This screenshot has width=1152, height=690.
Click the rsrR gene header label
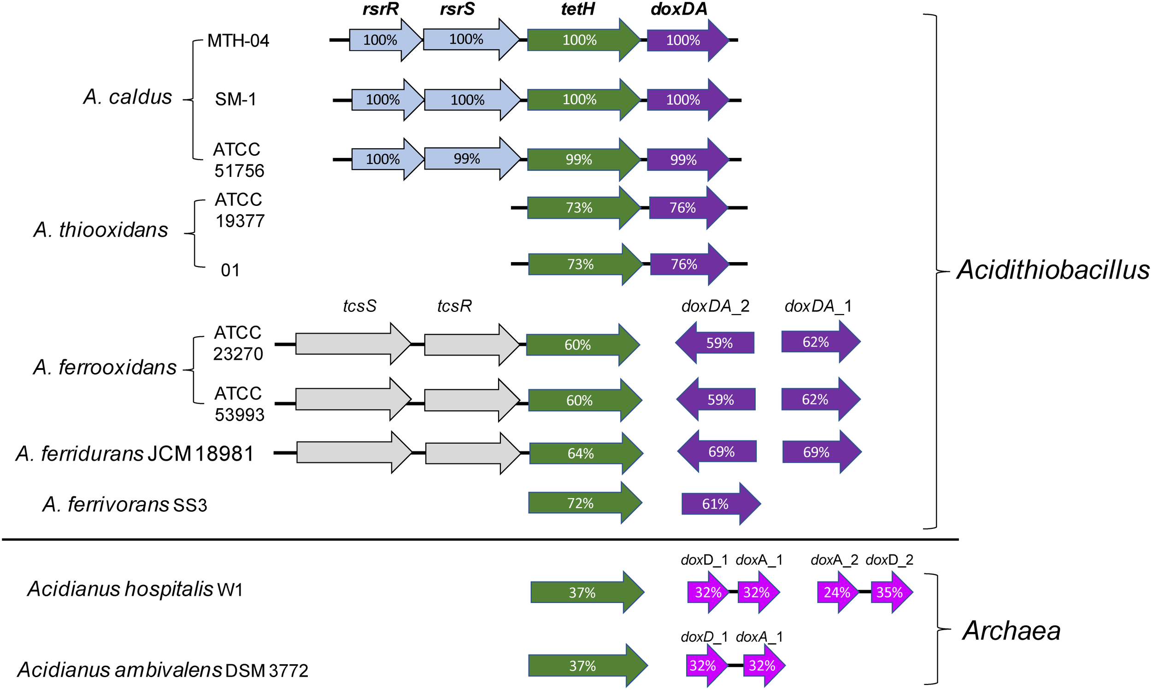[x=380, y=9]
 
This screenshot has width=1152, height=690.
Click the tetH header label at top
[x=577, y=9]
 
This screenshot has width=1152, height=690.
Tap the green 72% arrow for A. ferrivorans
[x=582, y=503]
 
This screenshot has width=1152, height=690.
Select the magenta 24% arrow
[x=837, y=592]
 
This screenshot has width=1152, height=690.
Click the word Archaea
[x=1011, y=631]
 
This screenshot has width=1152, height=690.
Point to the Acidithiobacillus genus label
[x=1052, y=269]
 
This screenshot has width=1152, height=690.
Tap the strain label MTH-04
[x=238, y=41]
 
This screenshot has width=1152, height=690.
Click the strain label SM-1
[x=235, y=99]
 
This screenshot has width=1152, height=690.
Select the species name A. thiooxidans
[x=100, y=230]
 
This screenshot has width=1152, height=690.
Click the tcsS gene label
[x=359, y=306]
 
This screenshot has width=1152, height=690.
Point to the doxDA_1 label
[x=817, y=306]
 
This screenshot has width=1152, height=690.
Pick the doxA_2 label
[x=834, y=560]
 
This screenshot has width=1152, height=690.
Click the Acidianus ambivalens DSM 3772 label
[x=163, y=671]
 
